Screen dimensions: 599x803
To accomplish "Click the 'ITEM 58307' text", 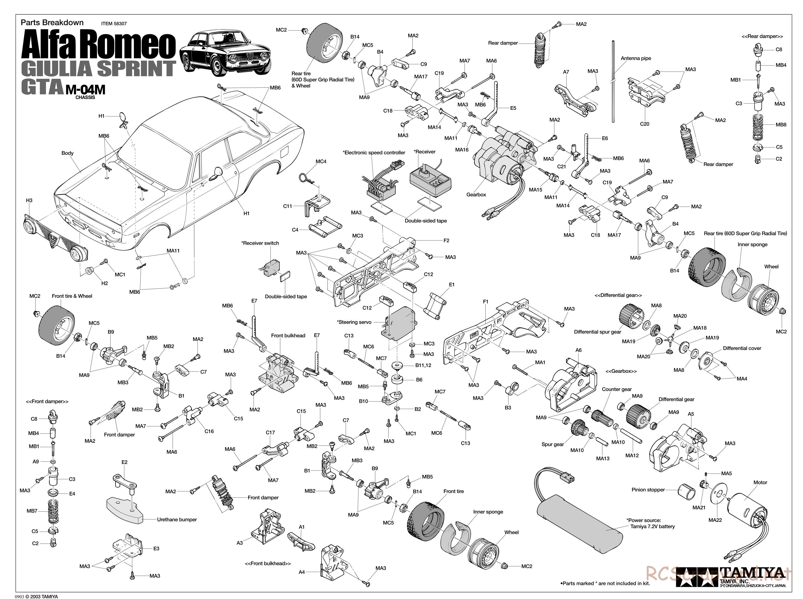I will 114,24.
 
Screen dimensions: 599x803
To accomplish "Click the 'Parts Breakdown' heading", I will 52,23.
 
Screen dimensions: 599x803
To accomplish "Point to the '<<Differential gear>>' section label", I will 618,295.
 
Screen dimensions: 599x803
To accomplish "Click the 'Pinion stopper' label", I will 648,490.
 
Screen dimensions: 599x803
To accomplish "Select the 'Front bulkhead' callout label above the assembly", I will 288,336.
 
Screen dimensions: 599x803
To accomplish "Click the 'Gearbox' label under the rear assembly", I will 476,195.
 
